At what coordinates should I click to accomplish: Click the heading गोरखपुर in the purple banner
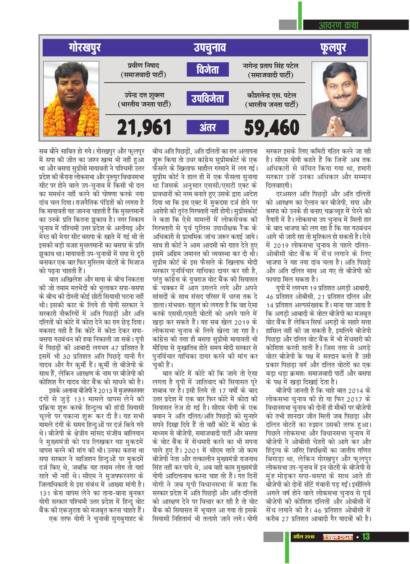pyautogui.click(x=85, y=47)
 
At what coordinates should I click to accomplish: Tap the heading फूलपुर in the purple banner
pyautogui.click(x=333, y=47)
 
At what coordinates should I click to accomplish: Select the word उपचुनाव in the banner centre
pyautogui.click(x=210, y=47)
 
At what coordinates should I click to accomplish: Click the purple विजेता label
pyautogui.click(x=208, y=69)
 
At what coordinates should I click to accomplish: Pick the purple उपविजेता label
pyautogui.click(x=208, y=99)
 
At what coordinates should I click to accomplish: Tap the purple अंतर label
pyautogui.click(x=208, y=127)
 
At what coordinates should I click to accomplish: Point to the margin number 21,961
pyautogui.click(x=144, y=127)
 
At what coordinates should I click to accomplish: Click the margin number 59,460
pyautogui.click(x=272, y=127)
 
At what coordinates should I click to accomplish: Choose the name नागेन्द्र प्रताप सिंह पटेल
pyautogui.click(x=270, y=66)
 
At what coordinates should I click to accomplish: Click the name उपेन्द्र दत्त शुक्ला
pyautogui.click(x=144, y=95)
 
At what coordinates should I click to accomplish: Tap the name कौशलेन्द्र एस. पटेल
pyautogui.click(x=271, y=95)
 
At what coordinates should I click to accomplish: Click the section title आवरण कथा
pyautogui.click(x=338, y=25)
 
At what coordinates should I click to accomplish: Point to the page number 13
pyautogui.click(x=366, y=537)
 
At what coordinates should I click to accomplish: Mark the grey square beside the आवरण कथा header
pyautogui.click(x=288, y=25)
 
